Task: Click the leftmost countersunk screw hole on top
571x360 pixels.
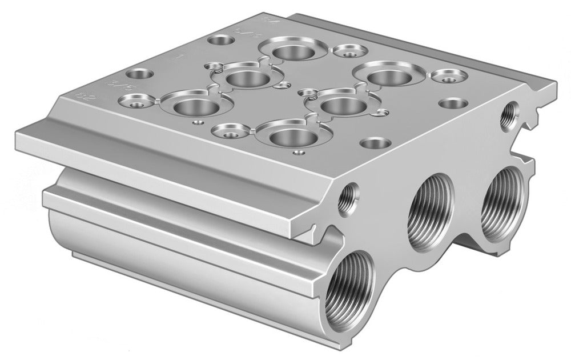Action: [x=135, y=103]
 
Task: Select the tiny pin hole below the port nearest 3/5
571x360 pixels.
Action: [x=197, y=122]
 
